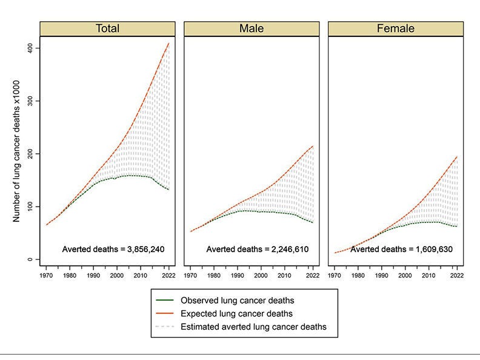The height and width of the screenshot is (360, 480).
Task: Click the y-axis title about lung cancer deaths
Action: [x=18, y=154]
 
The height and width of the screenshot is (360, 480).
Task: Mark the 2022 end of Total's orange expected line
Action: [x=168, y=43]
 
